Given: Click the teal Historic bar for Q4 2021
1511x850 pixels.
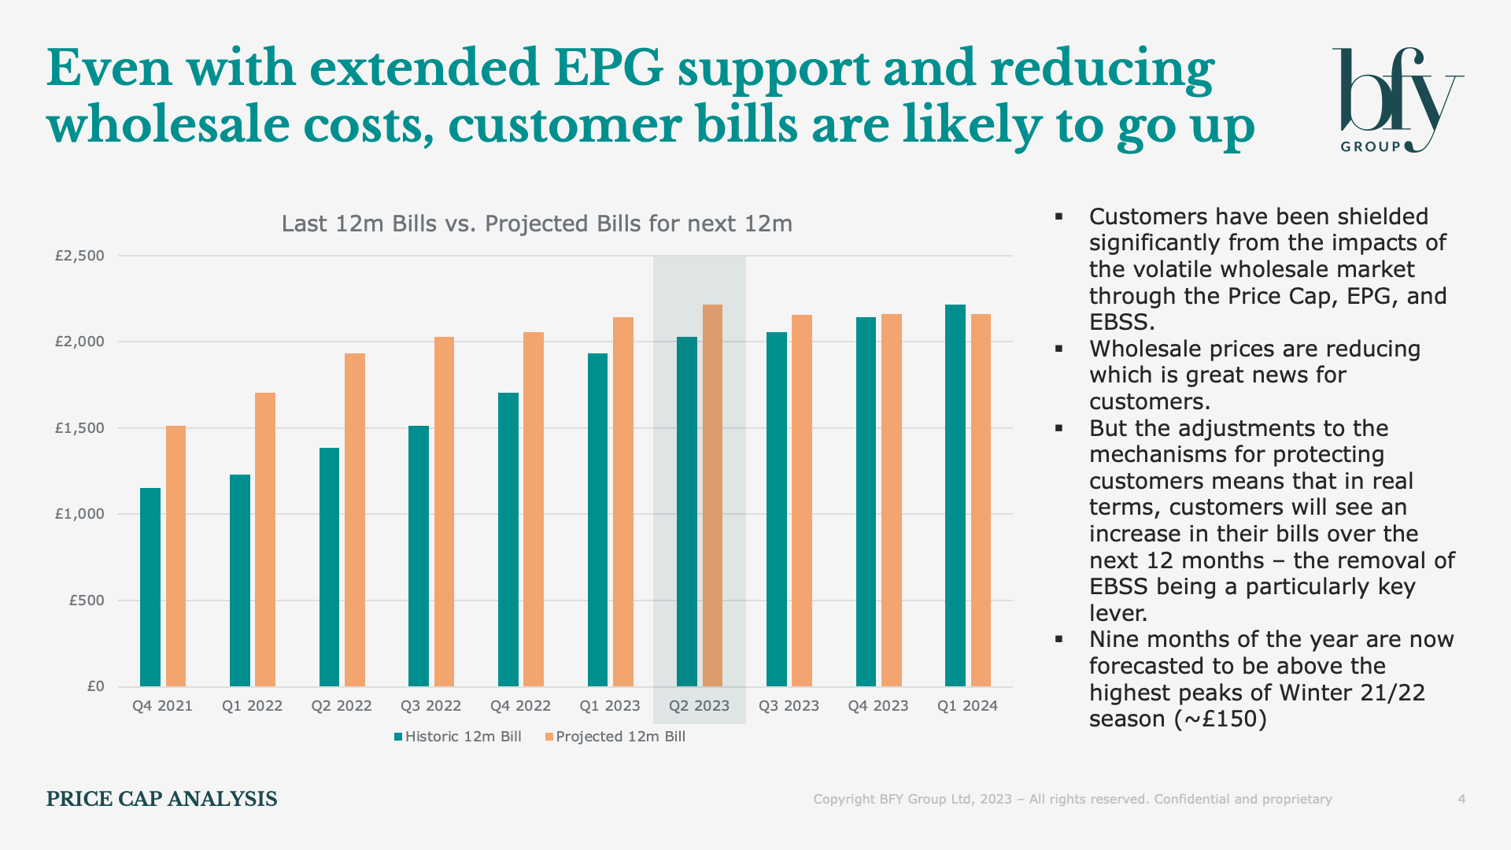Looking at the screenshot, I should point(150,587).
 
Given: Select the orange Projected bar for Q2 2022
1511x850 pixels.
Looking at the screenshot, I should point(355,519).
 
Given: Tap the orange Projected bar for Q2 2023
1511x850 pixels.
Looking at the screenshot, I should point(712,495).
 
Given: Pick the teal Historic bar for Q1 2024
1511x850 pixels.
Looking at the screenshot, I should point(955,495).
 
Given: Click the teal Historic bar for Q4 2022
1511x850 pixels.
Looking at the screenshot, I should point(508,539).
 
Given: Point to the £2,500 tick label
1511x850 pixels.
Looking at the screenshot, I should point(79,256).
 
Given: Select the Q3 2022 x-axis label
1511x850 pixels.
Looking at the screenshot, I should point(430,706).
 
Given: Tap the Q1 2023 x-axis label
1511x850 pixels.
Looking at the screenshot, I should point(610,706).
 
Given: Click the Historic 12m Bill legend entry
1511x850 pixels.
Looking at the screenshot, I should point(458,737).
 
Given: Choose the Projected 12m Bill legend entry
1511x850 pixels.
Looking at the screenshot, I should point(615,737).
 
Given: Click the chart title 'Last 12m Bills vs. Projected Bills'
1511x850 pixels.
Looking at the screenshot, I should point(537,224).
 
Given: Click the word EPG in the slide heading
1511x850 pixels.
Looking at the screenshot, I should point(608,68).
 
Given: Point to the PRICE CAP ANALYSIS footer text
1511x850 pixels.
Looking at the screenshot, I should point(161,800).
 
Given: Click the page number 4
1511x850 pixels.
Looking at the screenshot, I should point(1461,800).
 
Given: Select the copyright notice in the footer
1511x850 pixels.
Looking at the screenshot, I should point(1072,800).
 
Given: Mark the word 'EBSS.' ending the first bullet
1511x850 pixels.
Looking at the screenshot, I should point(1122,323).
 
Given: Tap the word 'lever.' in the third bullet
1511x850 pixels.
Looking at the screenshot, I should point(1118,613).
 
